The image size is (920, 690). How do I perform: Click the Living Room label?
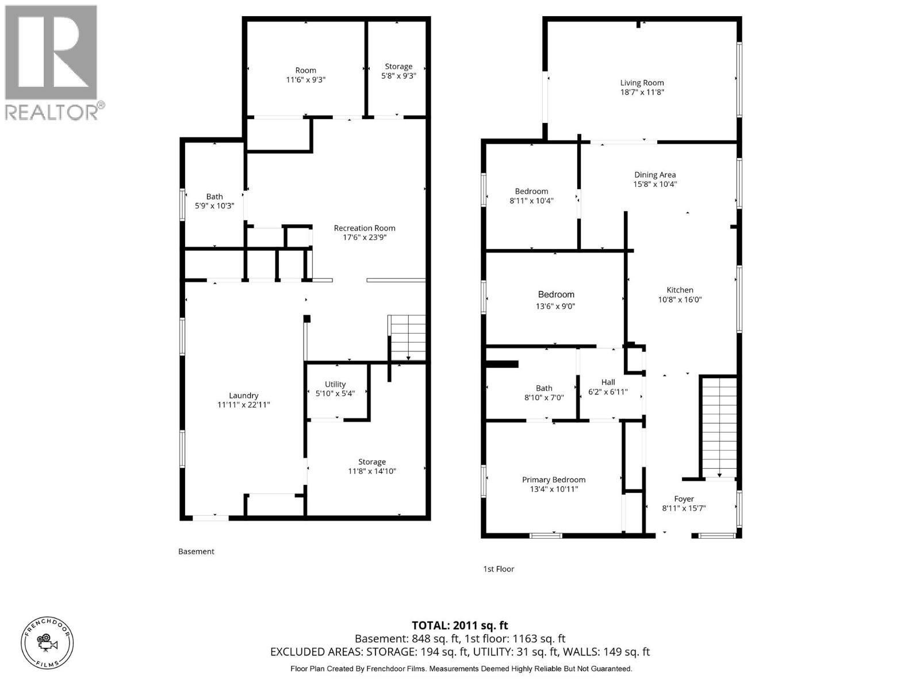(x=642, y=83)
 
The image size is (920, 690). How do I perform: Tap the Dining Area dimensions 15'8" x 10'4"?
(x=655, y=185)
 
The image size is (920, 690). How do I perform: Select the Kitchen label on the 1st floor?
(x=680, y=290)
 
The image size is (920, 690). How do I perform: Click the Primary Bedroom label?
(x=554, y=480)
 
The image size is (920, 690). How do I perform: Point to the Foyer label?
(x=684, y=499)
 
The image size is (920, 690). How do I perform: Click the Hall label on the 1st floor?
(x=608, y=382)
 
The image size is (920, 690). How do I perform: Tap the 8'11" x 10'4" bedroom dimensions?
(x=531, y=201)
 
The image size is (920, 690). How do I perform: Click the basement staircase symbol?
(x=407, y=338)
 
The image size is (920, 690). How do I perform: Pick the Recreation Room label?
(x=365, y=228)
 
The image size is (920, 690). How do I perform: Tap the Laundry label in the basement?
(x=243, y=396)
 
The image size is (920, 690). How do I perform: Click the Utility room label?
(x=335, y=384)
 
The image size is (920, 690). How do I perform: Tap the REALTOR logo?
(x=52, y=62)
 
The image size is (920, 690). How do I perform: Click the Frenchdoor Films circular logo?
(x=47, y=642)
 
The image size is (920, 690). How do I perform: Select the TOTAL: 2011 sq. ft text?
(x=459, y=625)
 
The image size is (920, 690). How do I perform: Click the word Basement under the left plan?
(x=196, y=551)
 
